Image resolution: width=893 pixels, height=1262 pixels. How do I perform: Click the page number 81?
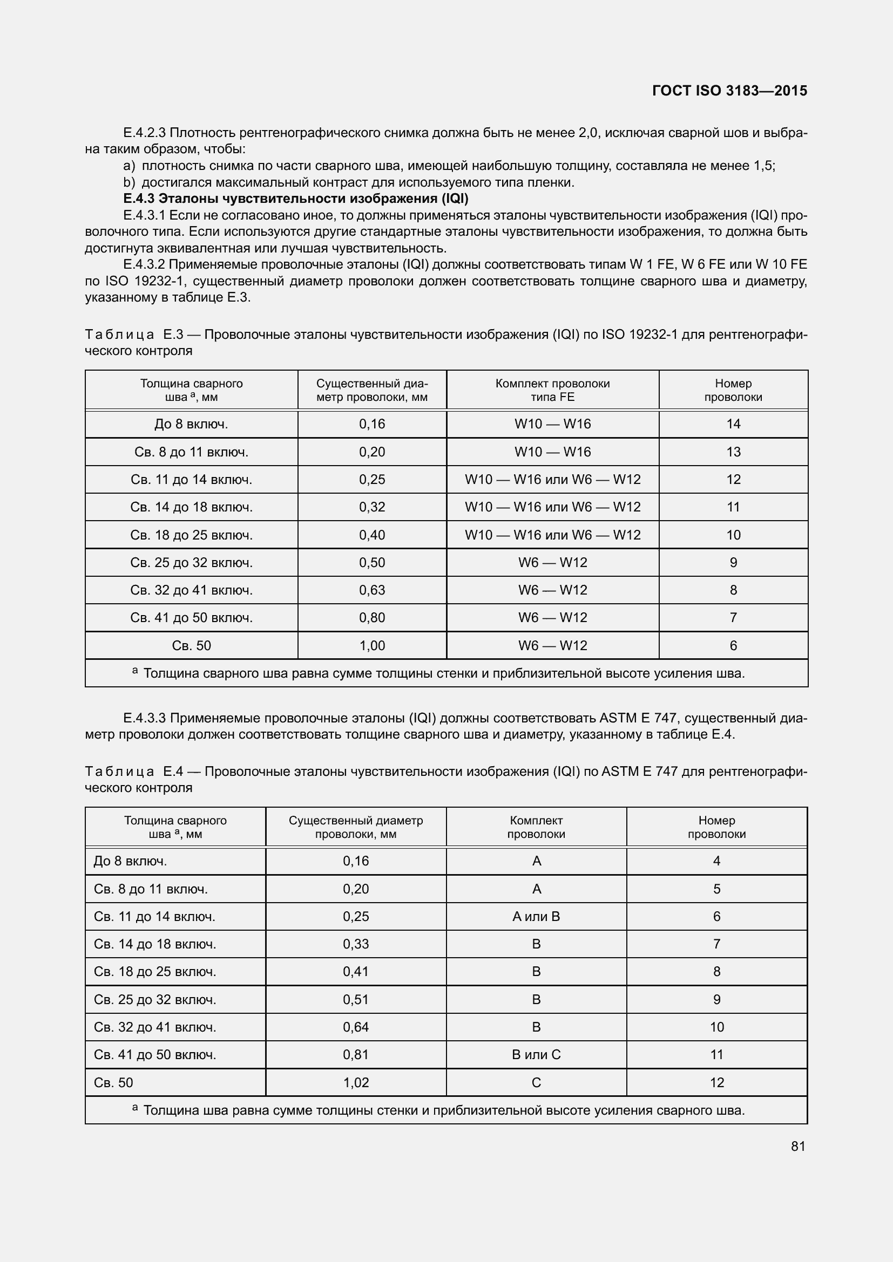point(798,1146)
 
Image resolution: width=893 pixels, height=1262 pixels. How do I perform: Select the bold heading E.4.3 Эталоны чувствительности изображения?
point(295,199)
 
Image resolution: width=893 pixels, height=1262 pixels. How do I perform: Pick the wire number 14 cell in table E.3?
point(733,424)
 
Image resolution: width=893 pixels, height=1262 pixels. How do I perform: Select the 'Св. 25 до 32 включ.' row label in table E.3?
point(191,562)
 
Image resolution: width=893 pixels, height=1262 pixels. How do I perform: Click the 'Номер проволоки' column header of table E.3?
point(733,390)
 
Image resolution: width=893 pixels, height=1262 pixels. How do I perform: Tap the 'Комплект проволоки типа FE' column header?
point(552,390)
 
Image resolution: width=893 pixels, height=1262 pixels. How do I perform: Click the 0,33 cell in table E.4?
point(356,944)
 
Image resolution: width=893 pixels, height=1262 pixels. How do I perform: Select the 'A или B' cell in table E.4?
point(536,916)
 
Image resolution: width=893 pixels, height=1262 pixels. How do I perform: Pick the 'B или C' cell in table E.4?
point(536,1054)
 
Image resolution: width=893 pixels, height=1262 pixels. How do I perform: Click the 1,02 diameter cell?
point(356,1082)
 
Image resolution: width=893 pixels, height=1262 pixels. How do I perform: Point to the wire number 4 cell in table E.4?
point(716,861)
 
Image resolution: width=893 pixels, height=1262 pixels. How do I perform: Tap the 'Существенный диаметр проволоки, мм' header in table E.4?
point(356,827)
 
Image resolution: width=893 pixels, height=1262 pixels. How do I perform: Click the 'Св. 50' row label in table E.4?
point(114,1082)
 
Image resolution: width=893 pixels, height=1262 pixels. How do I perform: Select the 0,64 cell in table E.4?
point(356,1027)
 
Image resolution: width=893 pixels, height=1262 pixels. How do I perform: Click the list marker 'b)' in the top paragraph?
point(128,182)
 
